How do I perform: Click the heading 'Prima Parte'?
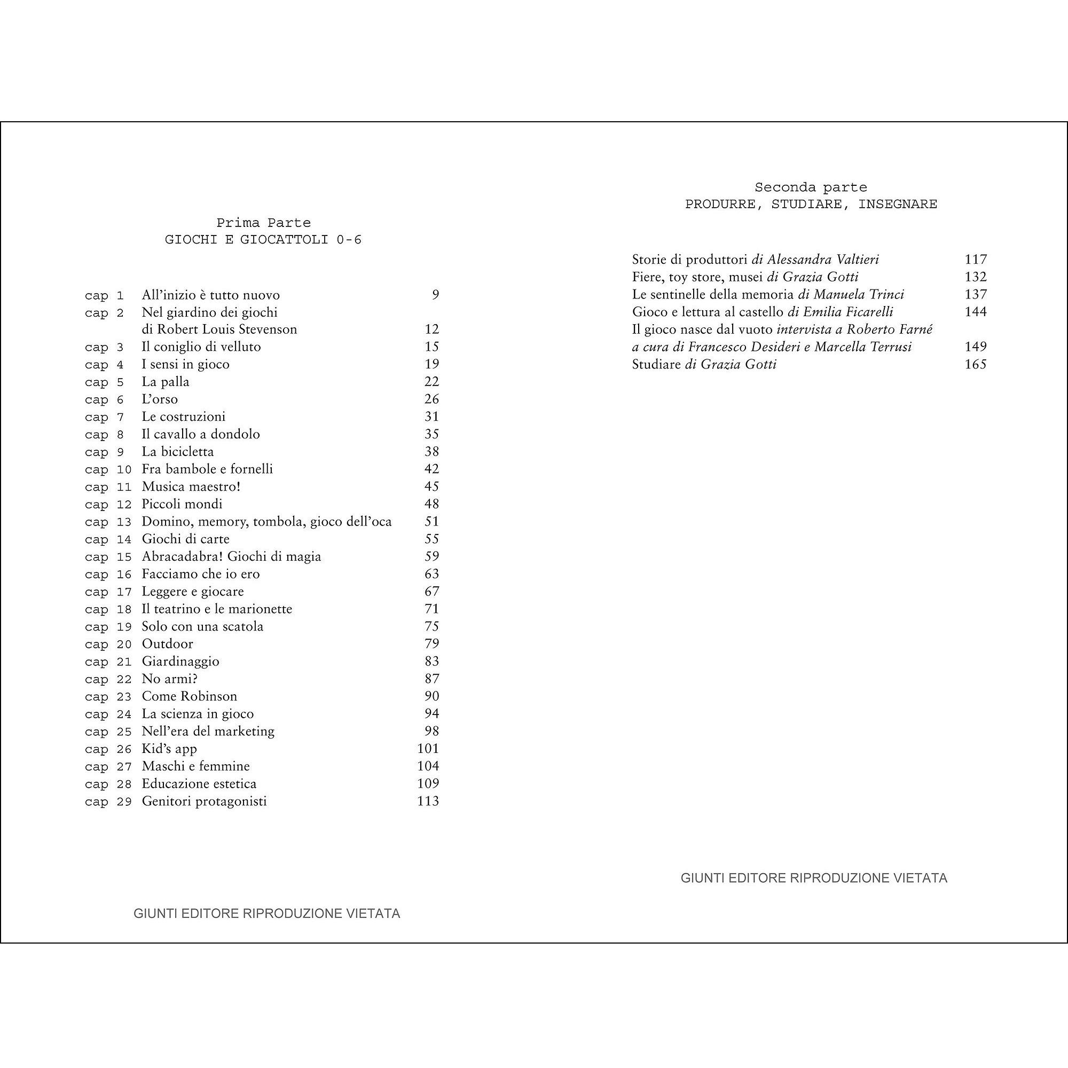click(x=263, y=223)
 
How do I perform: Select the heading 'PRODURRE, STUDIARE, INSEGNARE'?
click(x=811, y=204)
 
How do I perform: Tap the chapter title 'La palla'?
click(x=166, y=381)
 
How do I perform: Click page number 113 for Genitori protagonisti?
click(x=428, y=801)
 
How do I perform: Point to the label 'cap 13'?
click(x=108, y=522)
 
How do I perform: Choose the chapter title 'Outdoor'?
click(x=168, y=644)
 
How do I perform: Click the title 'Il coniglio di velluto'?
click(x=201, y=347)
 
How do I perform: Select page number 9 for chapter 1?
click(x=435, y=295)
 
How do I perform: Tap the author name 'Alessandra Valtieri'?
click(x=822, y=260)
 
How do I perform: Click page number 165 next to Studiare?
click(x=975, y=364)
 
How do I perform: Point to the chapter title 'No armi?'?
click(x=170, y=679)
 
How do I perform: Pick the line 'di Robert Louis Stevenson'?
click(x=219, y=329)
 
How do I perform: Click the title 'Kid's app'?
click(x=169, y=749)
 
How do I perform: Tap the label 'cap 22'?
click(x=108, y=679)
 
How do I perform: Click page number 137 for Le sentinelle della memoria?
click(x=975, y=294)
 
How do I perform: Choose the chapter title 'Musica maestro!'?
click(x=191, y=486)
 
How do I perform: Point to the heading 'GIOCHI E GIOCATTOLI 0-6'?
click(x=263, y=240)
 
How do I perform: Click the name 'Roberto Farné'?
click(x=890, y=329)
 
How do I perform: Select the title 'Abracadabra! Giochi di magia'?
click(x=231, y=556)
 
